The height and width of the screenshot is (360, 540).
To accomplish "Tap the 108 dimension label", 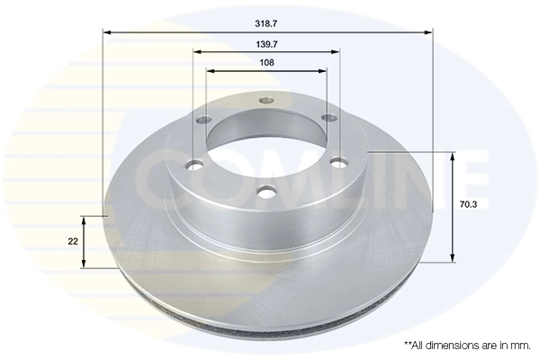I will tap(266, 62).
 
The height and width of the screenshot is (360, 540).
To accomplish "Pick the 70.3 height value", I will tap(468, 205).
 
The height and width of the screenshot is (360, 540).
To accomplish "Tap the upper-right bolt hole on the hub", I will tap(328, 118).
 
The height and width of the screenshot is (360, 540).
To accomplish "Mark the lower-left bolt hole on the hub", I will tap(193, 165).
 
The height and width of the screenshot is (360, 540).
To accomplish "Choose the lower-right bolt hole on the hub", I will tap(338, 162).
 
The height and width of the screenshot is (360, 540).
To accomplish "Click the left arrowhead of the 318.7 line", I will tap(107, 31).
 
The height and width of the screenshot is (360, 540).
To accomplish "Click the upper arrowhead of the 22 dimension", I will tap(85, 220).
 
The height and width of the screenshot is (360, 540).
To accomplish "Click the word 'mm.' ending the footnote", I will tap(519, 345).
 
